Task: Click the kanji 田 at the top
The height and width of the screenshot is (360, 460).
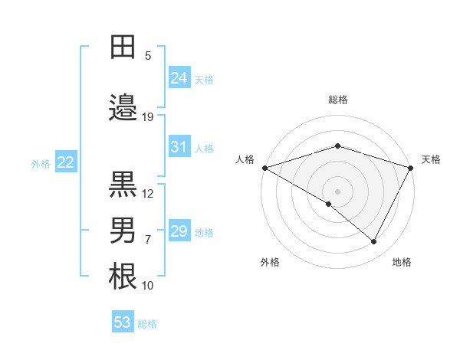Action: click(123, 47)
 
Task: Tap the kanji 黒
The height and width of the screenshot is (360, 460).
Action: click(123, 185)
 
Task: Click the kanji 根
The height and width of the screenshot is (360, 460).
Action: click(123, 277)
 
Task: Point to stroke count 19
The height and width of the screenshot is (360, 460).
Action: click(148, 117)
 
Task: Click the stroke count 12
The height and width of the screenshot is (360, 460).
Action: click(148, 194)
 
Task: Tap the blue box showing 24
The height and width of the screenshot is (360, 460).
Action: click(179, 78)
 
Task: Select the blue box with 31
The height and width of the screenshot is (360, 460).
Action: click(179, 147)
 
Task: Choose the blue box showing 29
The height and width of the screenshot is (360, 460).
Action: click(179, 231)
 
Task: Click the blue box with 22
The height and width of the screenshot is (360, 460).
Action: click(66, 162)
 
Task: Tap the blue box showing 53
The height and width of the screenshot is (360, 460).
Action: click(123, 322)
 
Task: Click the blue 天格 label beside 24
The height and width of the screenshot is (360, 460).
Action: click(204, 80)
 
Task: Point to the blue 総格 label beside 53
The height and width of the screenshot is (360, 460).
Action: click(147, 324)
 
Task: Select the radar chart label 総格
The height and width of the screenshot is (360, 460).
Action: click(338, 100)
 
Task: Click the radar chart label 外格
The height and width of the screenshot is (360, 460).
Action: click(270, 262)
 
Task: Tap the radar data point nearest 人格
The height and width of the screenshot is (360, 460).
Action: click(264, 168)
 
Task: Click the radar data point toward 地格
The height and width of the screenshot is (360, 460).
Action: click(374, 242)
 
